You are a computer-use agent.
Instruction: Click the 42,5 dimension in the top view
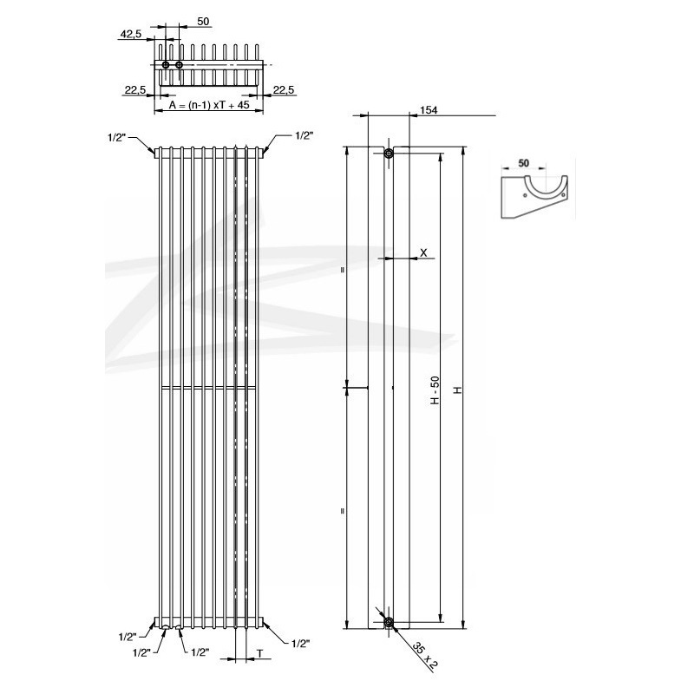coord(130,34)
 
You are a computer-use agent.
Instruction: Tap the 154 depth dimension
coord(429,110)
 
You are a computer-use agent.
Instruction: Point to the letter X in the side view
coord(422,252)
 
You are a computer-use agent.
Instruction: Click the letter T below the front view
coord(260,651)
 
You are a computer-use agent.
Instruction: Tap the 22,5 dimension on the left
coord(134,89)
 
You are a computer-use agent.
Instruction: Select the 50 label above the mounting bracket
coord(523,162)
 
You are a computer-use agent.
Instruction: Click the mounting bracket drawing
coord(535,197)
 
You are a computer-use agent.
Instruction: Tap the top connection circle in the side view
coord(389,154)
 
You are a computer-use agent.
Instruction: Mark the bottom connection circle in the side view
coord(389,622)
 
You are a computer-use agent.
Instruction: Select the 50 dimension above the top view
coord(203,20)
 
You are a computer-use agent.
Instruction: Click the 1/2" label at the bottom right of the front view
coord(300,644)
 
